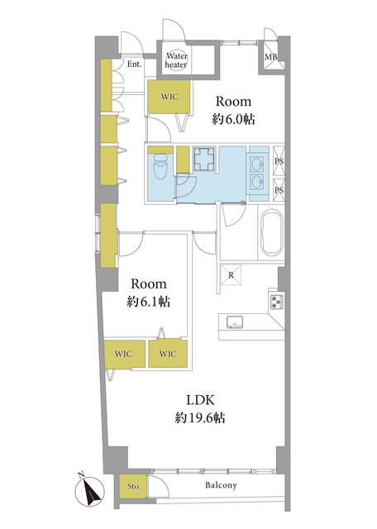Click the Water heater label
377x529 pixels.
(x=176, y=60)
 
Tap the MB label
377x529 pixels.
(x=270, y=57)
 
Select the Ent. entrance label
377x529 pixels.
(x=134, y=64)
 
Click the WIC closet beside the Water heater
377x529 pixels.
(x=169, y=97)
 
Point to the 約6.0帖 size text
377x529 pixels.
(x=233, y=119)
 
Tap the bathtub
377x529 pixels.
(x=272, y=233)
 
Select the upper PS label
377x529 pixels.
(x=279, y=161)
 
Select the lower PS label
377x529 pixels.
(x=279, y=190)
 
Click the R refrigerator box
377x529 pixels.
(x=231, y=275)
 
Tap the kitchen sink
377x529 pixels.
(x=235, y=322)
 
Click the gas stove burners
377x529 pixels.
(x=276, y=301)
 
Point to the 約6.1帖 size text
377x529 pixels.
(x=149, y=302)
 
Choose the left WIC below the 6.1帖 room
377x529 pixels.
(x=124, y=354)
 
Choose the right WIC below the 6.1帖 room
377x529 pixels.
(x=168, y=354)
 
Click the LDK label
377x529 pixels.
(x=200, y=400)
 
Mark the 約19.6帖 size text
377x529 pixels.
(x=200, y=418)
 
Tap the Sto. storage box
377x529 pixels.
(x=134, y=487)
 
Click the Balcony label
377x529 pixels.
(x=221, y=485)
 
